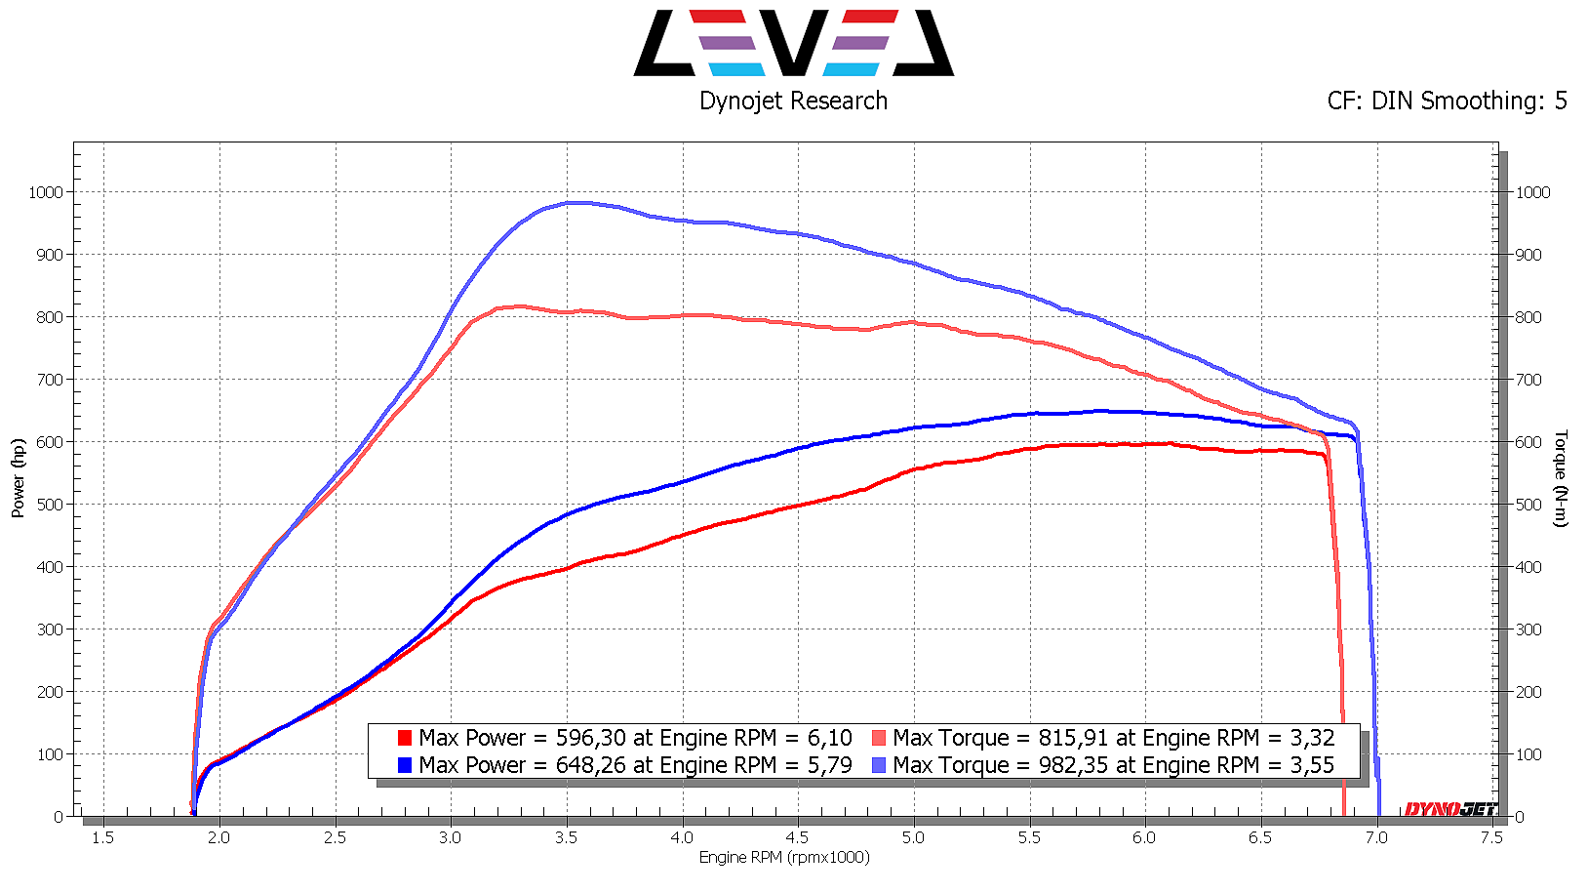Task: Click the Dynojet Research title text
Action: (x=793, y=101)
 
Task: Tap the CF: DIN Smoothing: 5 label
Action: (x=1447, y=101)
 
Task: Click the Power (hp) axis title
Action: (x=19, y=478)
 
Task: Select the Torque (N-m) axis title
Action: (x=1561, y=478)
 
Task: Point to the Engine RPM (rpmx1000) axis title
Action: (x=784, y=858)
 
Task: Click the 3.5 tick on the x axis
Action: (x=566, y=837)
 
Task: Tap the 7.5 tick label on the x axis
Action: (x=1491, y=837)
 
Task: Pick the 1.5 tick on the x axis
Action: (x=102, y=837)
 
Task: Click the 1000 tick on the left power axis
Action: (x=45, y=192)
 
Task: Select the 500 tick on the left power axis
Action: (x=49, y=505)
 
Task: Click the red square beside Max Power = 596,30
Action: (x=405, y=739)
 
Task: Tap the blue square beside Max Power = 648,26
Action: (x=405, y=766)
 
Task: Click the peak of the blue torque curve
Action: (x=577, y=203)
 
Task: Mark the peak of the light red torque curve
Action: (x=520, y=306)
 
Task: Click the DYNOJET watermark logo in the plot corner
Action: (x=1449, y=809)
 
